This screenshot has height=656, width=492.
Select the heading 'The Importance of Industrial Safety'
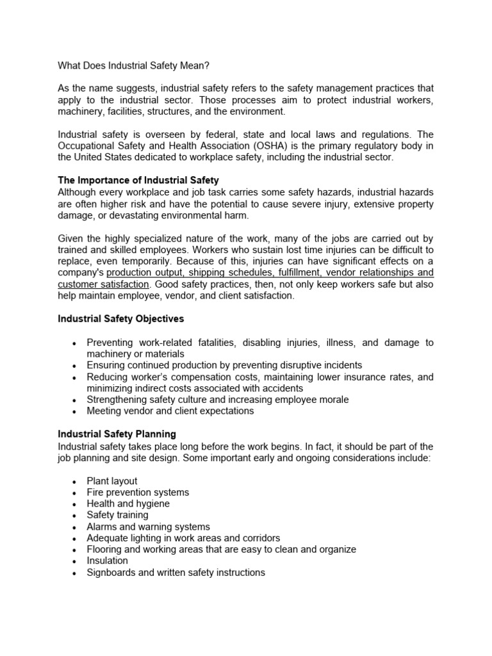(138, 181)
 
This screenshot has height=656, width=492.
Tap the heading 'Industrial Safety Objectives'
(121, 318)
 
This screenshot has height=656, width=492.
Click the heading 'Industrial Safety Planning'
(117, 434)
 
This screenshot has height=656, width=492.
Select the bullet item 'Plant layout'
(112, 481)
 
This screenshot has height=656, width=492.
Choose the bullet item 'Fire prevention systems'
(138, 493)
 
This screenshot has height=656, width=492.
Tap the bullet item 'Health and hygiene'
(128, 504)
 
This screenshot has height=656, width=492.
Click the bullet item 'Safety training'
(117, 515)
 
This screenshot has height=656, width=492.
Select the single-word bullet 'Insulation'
(108, 561)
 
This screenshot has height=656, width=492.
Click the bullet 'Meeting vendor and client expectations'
(170, 411)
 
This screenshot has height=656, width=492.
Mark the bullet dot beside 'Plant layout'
(75, 482)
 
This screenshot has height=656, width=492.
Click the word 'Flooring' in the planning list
(105, 550)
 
